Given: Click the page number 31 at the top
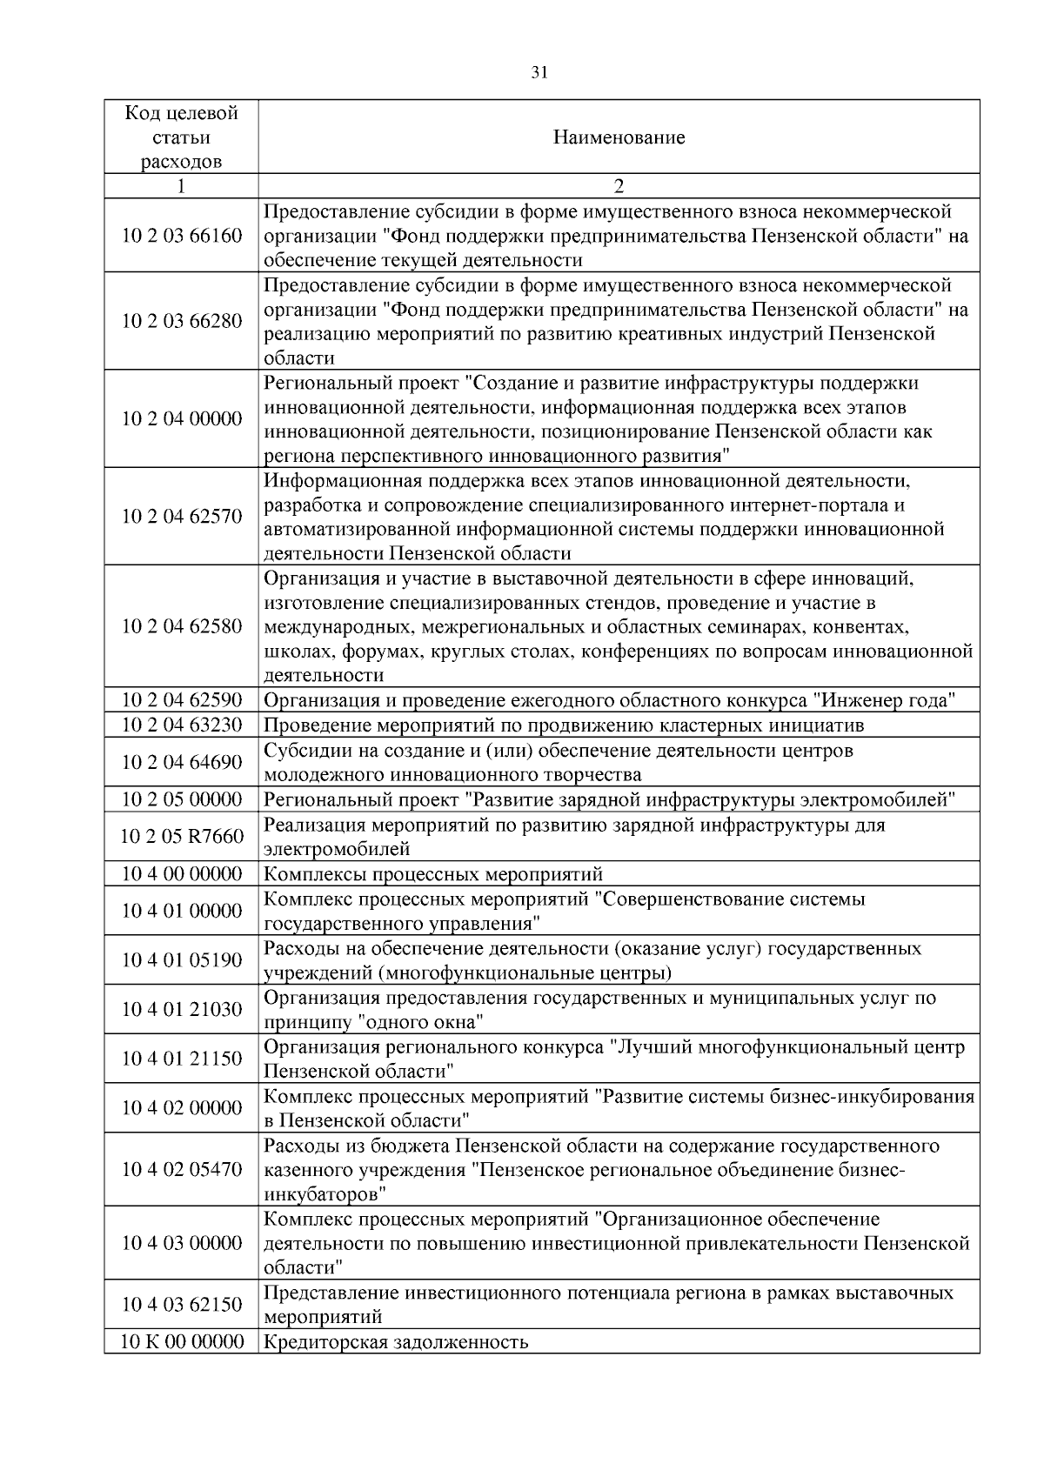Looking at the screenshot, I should point(539,73).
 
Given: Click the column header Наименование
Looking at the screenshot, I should point(619,137).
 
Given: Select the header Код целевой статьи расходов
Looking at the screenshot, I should point(181,137).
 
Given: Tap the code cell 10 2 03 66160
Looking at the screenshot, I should point(181,236).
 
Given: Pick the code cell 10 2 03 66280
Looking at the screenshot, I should point(181,321).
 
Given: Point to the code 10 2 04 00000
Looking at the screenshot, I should point(181,419).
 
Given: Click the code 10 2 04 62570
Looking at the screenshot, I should point(181,517).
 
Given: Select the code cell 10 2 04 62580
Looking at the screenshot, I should point(181,626).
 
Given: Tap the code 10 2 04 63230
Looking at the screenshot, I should point(181,725).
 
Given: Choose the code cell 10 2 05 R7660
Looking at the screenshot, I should point(181,837).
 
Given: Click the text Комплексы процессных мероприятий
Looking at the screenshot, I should point(432,874).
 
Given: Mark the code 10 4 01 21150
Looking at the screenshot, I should point(181,1059).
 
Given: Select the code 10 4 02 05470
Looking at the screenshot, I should point(181,1169).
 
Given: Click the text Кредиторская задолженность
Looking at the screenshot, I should point(396,1341).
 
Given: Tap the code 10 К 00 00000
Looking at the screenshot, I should point(181,1341).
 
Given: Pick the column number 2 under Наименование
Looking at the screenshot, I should point(619,186).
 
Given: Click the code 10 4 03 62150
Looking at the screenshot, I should point(181,1305).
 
